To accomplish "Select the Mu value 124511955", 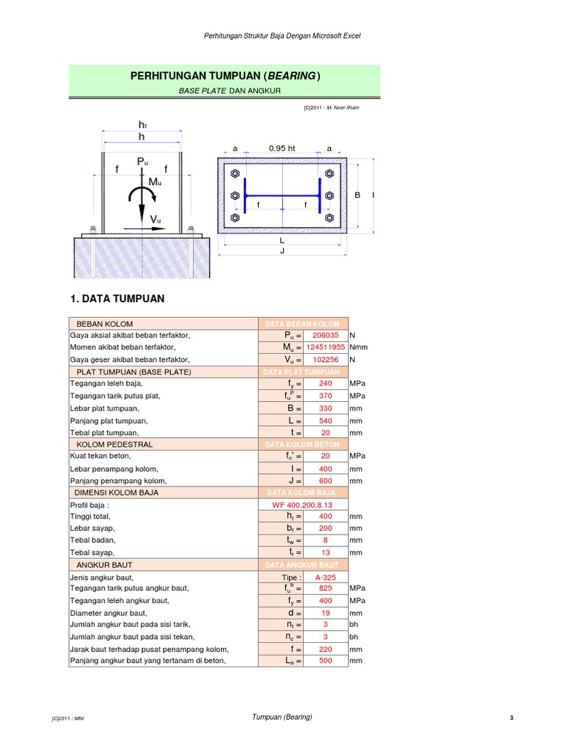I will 325,347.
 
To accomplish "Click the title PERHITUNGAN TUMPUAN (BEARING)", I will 226,76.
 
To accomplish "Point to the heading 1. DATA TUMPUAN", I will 117,299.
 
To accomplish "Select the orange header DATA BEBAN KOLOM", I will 303,324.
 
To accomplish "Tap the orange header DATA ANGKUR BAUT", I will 303,565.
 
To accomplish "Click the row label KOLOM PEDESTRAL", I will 115,445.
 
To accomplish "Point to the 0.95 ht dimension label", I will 282,149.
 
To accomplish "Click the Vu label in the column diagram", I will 156,220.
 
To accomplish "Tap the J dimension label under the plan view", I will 282,251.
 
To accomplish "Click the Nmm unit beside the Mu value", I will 358,347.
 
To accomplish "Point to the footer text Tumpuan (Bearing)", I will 282,717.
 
